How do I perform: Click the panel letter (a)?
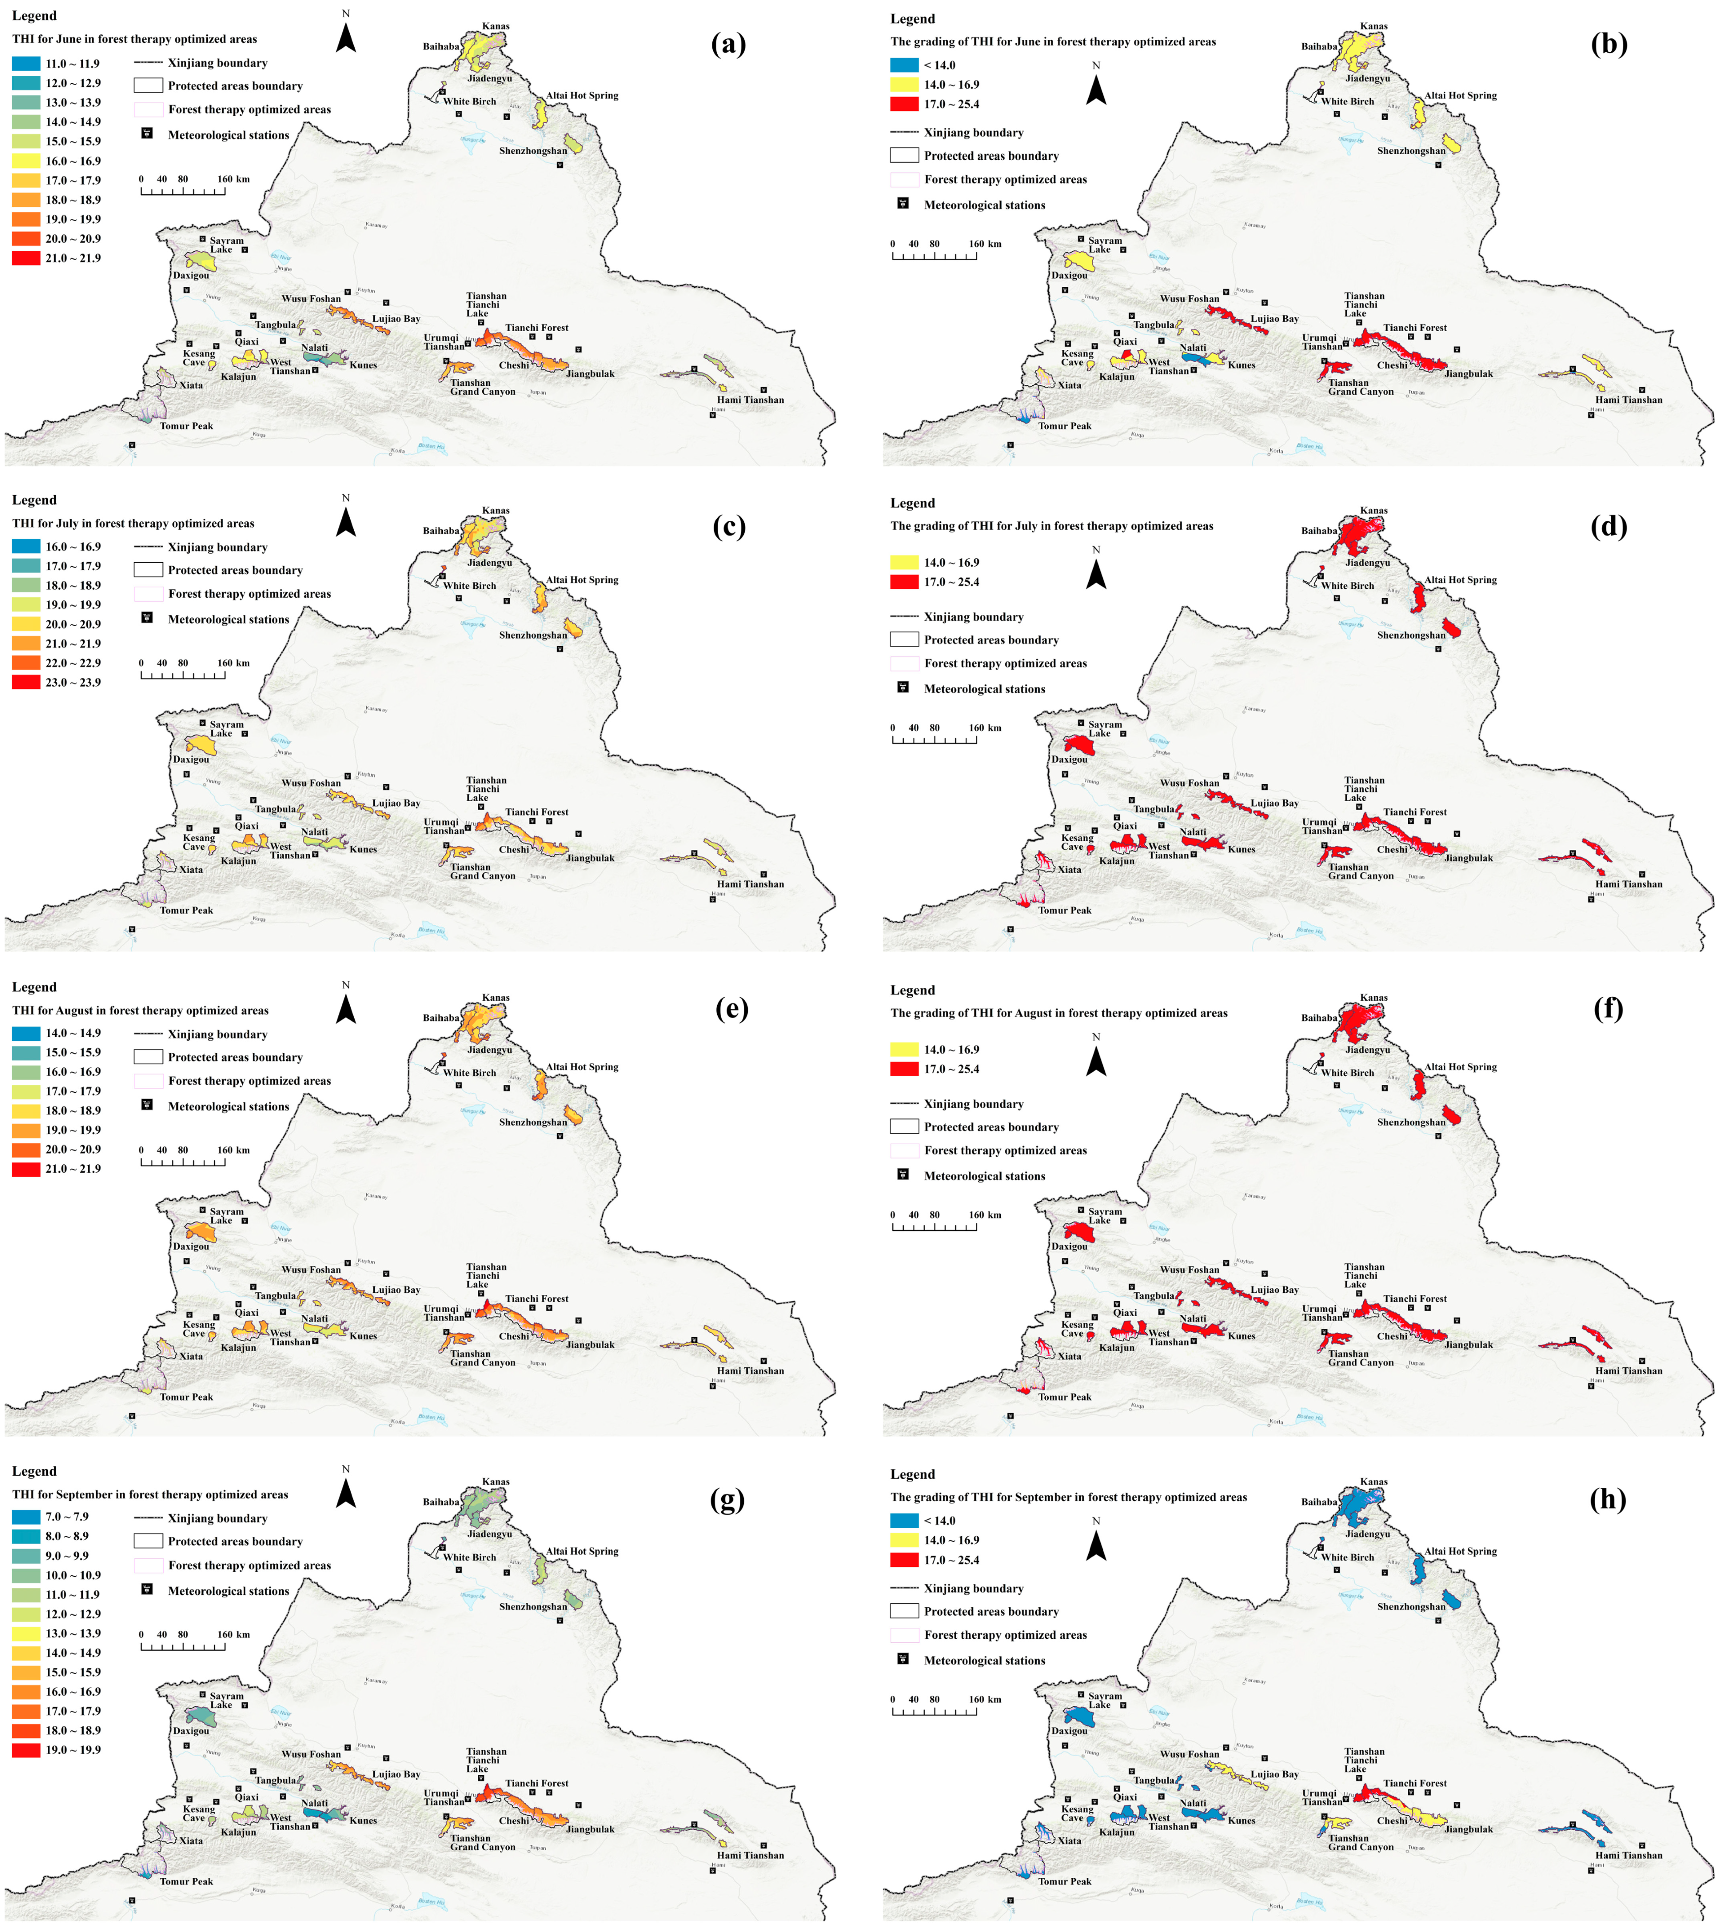(728, 44)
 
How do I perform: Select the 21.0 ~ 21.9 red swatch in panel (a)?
(26, 258)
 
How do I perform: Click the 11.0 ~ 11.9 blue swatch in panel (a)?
(26, 64)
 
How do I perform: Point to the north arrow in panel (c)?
(346, 519)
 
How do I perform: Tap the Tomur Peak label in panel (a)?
(187, 426)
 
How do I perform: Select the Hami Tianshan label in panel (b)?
(1628, 400)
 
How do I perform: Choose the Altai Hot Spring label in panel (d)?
(1461, 579)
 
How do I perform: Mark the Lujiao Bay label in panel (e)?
(396, 1290)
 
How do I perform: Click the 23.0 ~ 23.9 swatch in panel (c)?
(26, 682)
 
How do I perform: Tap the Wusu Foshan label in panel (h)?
(1189, 1754)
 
